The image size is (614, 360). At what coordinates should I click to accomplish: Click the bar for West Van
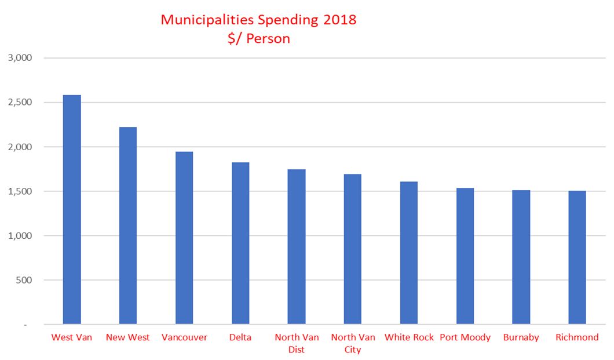pyautogui.click(x=72, y=209)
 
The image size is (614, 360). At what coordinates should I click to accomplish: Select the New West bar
pyautogui.click(x=128, y=226)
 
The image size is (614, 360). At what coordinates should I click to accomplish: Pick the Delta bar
pyautogui.click(x=240, y=243)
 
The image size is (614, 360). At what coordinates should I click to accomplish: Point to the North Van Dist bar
pyautogui.click(x=297, y=246)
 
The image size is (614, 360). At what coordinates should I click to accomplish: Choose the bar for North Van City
pyautogui.click(x=353, y=249)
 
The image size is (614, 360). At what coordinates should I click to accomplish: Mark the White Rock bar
pyautogui.click(x=409, y=253)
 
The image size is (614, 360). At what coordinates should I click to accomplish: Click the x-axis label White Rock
pyautogui.click(x=409, y=337)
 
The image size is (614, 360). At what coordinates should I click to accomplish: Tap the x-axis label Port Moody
pyautogui.click(x=465, y=337)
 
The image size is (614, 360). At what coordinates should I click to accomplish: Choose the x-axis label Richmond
pyautogui.click(x=577, y=337)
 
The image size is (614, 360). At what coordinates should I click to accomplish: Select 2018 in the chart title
pyautogui.click(x=340, y=20)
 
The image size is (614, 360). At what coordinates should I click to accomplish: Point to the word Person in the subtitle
pyautogui.click(x=268, y=39)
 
